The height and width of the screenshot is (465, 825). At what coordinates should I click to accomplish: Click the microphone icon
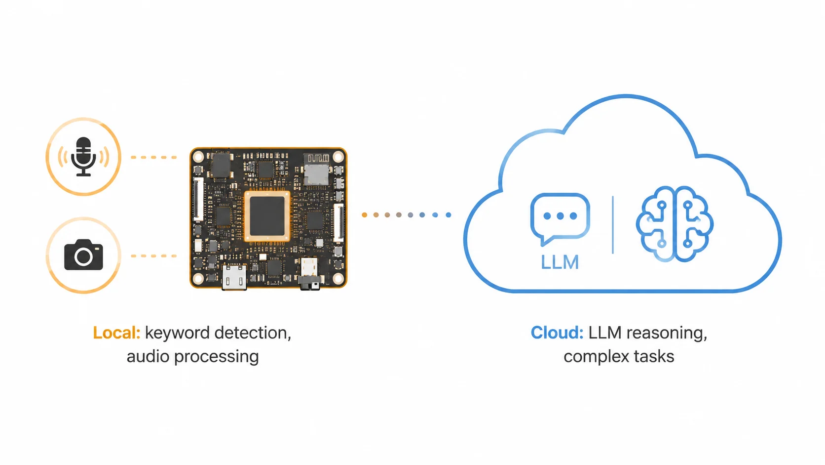click(x=83, y=157)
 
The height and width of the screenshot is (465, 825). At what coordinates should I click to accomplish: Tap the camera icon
click(x=83, y=255)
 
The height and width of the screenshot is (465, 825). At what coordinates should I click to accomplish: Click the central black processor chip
click(x=267, y=216)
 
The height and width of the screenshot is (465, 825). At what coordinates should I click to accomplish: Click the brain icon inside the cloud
click(x=675, y=224)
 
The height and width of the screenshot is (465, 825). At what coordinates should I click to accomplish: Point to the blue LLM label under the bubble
click(x=560, y=262)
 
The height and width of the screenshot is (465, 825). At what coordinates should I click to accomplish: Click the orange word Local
click(x=116, y=333)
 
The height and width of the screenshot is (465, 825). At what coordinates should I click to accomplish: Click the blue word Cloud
click(x=557, y=333)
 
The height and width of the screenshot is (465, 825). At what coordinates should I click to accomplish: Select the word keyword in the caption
click(x=178, y=334)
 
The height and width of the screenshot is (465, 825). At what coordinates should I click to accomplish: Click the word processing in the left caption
click(x=217, y=357)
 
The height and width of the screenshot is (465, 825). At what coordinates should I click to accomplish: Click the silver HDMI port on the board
click(x=234, y=277)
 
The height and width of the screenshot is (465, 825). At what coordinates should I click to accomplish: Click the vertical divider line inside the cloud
click(x=613, y=225)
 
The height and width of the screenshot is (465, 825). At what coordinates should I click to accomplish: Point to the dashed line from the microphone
click(x=154, y=158)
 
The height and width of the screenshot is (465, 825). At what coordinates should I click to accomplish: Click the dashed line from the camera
click(x=154, y=256)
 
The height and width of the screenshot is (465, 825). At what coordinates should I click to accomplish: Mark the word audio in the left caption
click(x=148, y=356)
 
